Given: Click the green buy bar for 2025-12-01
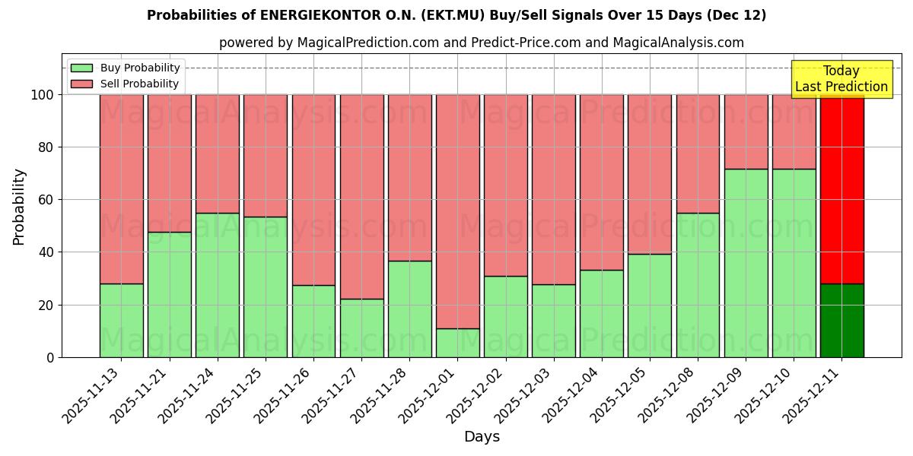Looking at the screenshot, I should (x=458, y=343).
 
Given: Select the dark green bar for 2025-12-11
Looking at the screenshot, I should (x=842, y=320).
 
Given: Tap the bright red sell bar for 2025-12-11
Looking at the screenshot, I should (x=842, y=188).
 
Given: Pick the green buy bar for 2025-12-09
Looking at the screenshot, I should (x=746, y=263).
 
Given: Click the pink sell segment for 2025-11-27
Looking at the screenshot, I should (x=361, y=196).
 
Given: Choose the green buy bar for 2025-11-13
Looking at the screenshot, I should (x=122, y=320).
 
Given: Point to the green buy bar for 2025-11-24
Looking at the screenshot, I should (x=218, y=285).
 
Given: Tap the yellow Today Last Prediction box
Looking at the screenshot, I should (x=841, y=79).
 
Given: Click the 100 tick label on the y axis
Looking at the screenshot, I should (x=42, y=95).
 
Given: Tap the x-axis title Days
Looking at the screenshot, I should (x=482, y=437).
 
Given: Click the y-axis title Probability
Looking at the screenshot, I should (x=19, y=206).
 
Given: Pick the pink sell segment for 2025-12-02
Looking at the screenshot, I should (x=506, y=185).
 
